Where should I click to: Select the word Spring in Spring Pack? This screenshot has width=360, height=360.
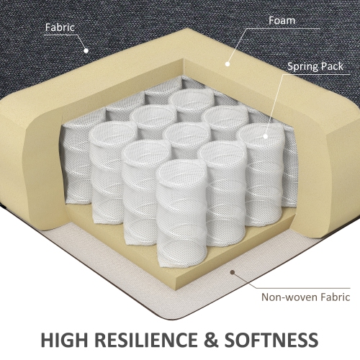302,66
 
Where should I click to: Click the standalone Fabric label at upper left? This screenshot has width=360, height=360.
60,28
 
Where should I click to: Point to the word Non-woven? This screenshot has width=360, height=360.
283,296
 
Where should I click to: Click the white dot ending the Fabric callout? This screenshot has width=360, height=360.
84,50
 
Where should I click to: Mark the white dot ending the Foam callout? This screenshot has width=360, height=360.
227,63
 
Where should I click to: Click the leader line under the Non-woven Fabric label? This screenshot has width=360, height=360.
302,287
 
